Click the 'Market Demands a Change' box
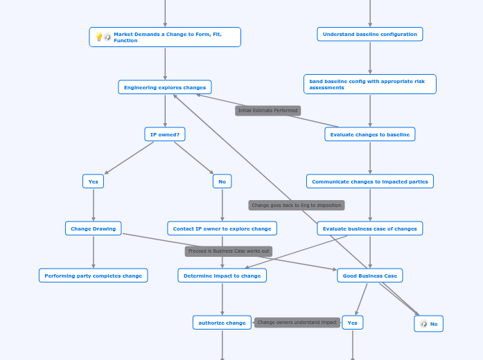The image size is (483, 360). [165, 37]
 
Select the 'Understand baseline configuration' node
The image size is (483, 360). [370, 34]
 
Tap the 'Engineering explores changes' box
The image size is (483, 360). [165, 87]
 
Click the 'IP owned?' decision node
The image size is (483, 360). [165, 134]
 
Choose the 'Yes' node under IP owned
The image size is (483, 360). [93, 181]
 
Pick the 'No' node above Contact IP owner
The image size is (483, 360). [222, 181]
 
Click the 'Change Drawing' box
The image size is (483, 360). [94, 228]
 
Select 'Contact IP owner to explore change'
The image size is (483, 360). [222, 228]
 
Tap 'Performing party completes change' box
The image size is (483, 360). [93, 276]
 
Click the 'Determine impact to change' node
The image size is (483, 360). [222, 276]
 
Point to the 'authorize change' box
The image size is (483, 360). [222, 323]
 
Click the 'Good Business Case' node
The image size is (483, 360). [370, 276]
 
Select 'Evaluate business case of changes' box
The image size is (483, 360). [370, 228]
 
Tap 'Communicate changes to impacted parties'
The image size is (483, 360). [370, 181]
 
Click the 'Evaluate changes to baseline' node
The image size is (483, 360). [370, 134]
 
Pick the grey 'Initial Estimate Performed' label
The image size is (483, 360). [267, 111]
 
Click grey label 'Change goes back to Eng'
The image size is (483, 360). [297, 205]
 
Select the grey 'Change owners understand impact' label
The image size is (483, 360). [297, 323]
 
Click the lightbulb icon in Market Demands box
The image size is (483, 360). [99, 37]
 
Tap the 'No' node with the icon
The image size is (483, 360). [429, 323]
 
